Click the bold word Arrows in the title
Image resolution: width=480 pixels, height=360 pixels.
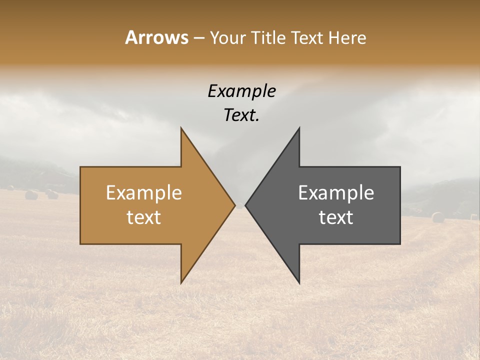[x=156, y=37]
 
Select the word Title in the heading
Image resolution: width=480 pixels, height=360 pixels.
[x=268, y=37]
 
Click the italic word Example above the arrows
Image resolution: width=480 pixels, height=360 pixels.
[x=241, y=91]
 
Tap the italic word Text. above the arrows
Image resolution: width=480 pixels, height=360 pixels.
[x=241, y=115]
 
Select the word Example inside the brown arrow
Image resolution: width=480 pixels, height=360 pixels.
[x=143, y=192]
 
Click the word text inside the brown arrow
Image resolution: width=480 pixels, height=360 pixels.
[x=143, y=217]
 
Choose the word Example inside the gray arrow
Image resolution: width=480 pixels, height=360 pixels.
[x=336, y=192]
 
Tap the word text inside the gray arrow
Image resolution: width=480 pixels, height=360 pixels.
[x=336, y=217]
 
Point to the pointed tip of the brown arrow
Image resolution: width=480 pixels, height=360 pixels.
[x=234, y=205]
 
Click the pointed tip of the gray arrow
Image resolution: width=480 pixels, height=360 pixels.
[x=245, y=205]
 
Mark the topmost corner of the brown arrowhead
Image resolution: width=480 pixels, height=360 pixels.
[x=181, y=127]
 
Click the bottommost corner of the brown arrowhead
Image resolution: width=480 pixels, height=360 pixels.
[x=181, y=283]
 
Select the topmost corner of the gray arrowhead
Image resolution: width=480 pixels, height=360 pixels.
[x=299, y=127]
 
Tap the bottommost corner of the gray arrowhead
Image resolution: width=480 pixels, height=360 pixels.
[x=299, y=283]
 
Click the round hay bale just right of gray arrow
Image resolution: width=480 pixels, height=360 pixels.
[x=438, y=217]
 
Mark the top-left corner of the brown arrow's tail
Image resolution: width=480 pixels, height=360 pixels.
[x=80, y=167]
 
